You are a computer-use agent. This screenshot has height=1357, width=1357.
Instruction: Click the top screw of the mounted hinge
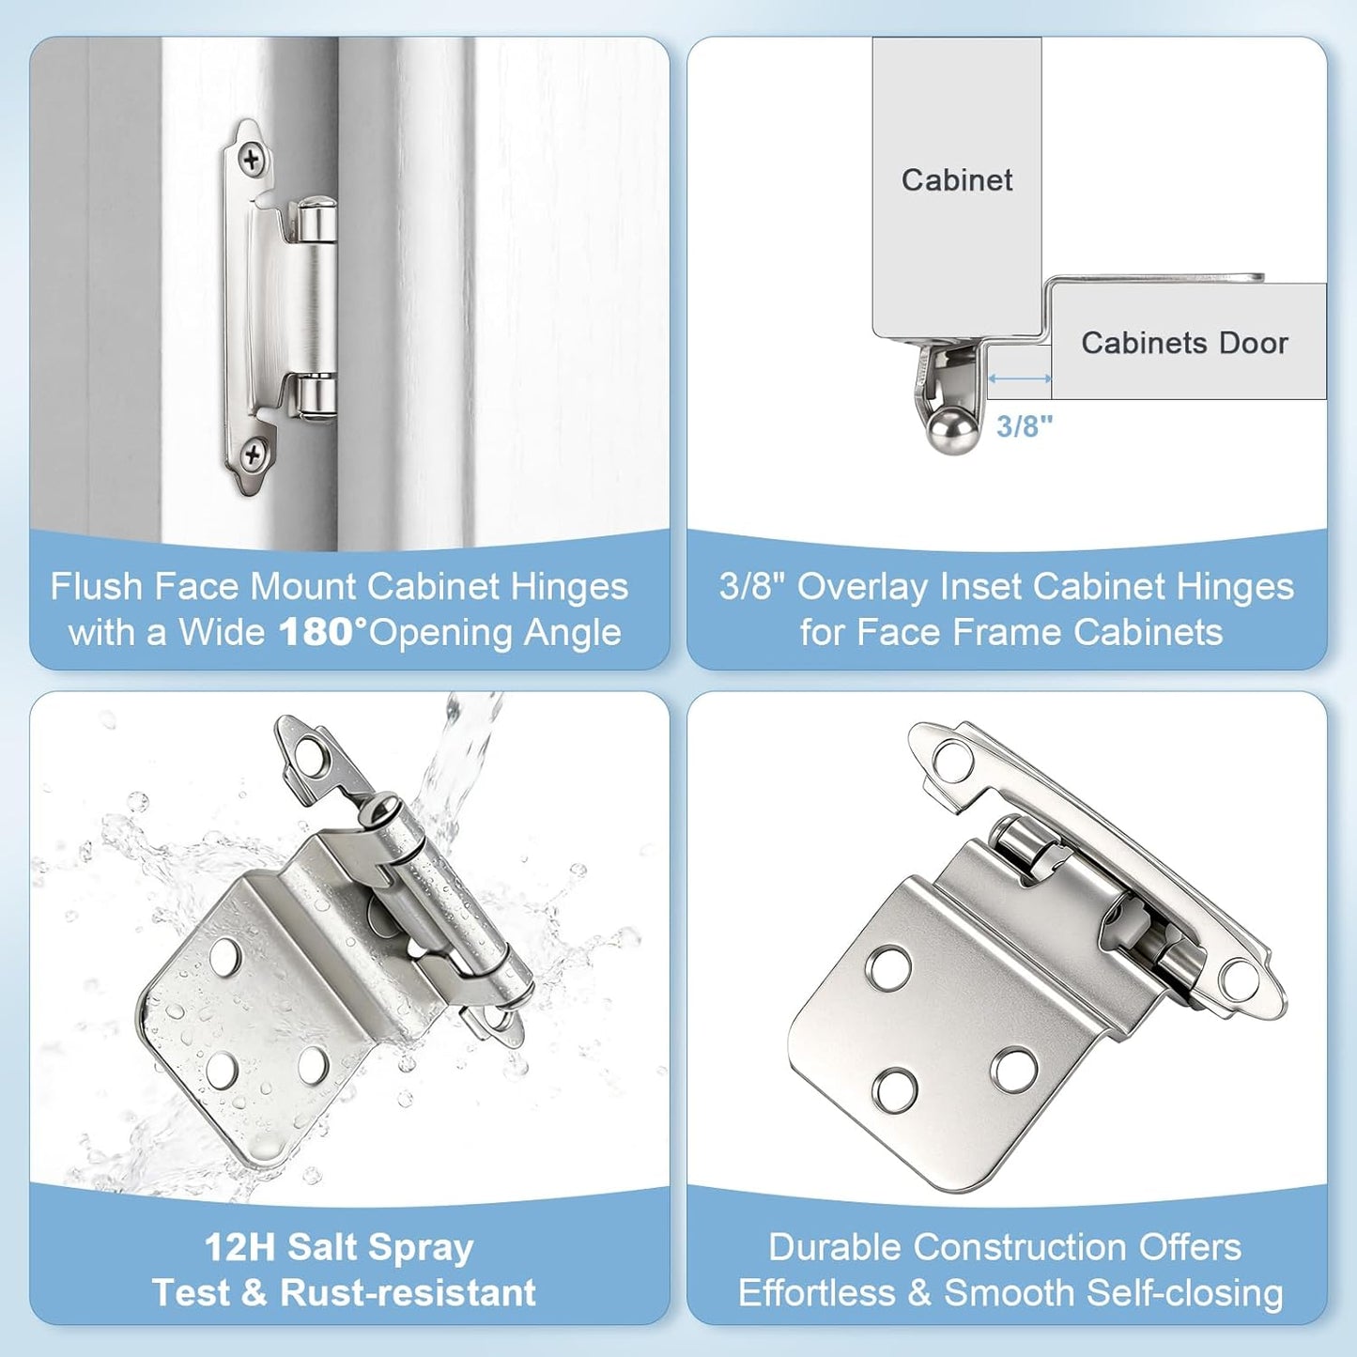252,161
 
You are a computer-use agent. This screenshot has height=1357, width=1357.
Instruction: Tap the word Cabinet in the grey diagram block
957,180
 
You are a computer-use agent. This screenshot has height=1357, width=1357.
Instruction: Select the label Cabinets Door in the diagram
1185,343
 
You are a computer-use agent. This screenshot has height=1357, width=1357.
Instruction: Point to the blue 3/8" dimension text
1024,426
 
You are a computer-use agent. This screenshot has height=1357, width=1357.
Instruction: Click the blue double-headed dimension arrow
1020,378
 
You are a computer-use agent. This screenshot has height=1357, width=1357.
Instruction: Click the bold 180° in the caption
323,632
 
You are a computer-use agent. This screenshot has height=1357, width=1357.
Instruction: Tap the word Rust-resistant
409,1292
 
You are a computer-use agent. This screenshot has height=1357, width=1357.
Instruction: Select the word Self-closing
1184,1293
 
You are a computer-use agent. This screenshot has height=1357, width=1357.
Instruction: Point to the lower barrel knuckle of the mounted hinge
315,395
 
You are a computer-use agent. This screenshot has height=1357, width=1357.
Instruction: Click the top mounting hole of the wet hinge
309,756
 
